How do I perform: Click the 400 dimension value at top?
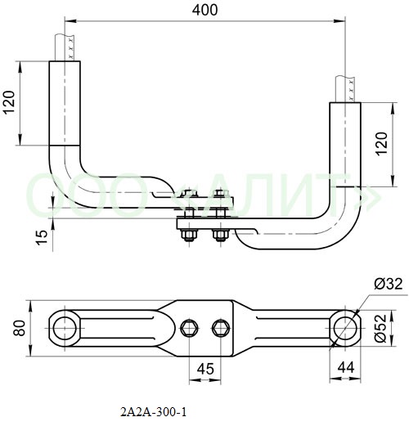[204, 10]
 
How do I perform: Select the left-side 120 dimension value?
[9, 102]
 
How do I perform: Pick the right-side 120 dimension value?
[382, 143]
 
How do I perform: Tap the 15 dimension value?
[42, 237]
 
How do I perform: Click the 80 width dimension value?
[20, 328]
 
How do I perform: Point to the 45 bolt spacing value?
[205, 369]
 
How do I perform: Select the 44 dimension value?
[346, 367]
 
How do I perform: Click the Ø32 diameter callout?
[388, 284]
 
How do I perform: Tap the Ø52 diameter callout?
[380, 328]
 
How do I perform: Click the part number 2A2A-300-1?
[154, 412]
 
